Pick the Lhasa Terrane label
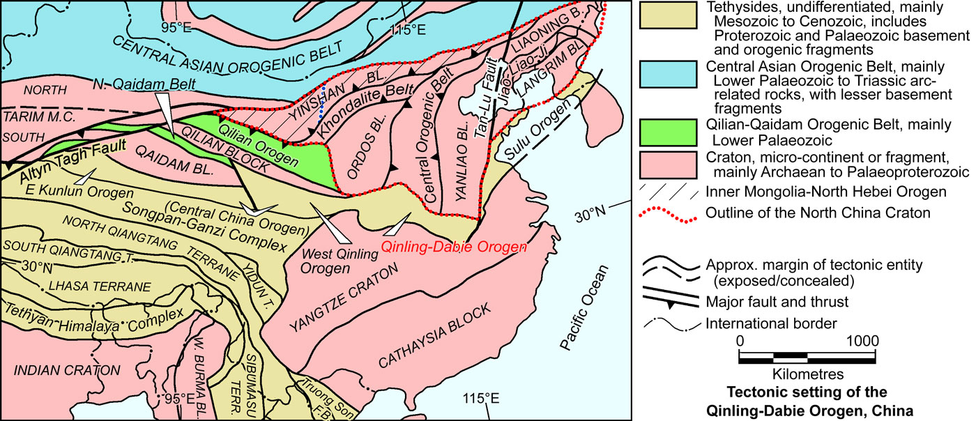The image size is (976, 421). tap(89, 286)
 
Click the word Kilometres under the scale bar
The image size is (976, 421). tap(808, 374)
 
